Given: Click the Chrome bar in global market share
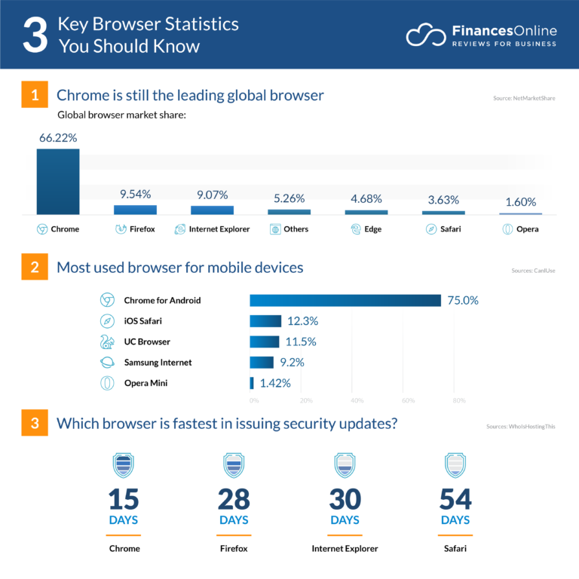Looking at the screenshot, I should (x=58, y=182).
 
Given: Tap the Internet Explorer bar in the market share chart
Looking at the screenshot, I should (x=212, y=210).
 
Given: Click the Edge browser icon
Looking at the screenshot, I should (x=355, y=229).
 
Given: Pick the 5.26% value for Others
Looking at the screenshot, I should (x=289, y=199).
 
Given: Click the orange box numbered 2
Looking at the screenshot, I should (x=35, y=268).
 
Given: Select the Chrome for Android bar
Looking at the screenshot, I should (x=345, y=301).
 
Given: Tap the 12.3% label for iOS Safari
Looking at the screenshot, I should (x=302, y=321).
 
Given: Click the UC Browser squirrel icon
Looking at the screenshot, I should (x=107, y=342).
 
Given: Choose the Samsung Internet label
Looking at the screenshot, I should (x=158, y=363).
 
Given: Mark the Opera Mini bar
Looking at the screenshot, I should (x=252, y=383).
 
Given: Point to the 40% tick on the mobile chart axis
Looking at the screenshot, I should (x=357, y=400).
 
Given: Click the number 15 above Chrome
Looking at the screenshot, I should (x=124, y=499).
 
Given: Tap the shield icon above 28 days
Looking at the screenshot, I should (x=234, y=464).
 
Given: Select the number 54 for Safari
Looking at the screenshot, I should (x=455, y=499).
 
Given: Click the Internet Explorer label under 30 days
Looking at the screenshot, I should (x=345, y=549).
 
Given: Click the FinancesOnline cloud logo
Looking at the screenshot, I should (x=425, y=35).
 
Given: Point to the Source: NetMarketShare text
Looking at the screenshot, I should (x=524, y=99).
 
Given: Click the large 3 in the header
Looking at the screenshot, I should (x=35, y=35).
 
